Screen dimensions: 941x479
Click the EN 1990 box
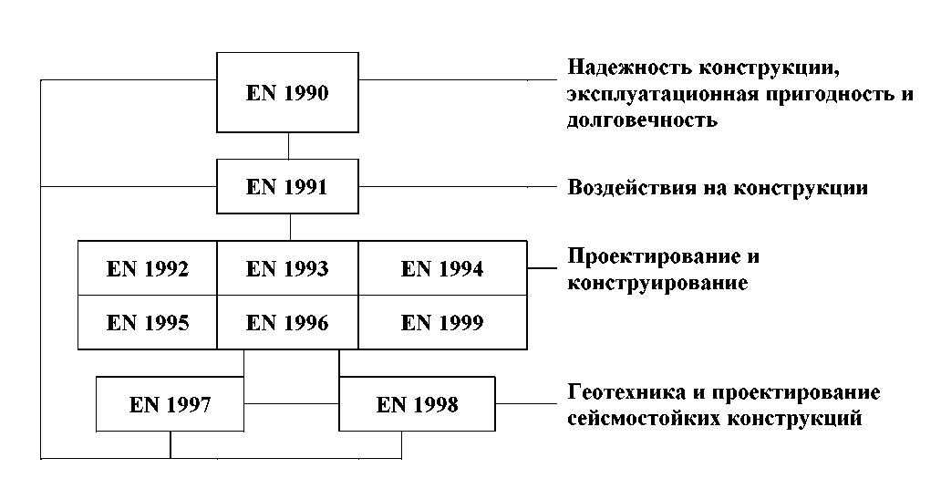click(x=287, y=92)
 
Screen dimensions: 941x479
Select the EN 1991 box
click(x=287, y=186)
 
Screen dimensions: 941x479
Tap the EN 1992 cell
click(x=148, y=268)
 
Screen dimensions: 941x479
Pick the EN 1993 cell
click(x=287, y=268)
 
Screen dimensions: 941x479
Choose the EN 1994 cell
click(x=442, y=268)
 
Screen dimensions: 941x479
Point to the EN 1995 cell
click(x=148, y=322)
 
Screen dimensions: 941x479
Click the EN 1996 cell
click(x=287, y=322)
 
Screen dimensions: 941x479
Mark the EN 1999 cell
click(x=442, y=322)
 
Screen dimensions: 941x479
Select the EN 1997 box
click(x=170, y=404)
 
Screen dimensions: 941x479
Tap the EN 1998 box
click(x=417, y=404)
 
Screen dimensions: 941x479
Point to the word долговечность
click(x=642, y=120)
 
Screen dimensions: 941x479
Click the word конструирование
click(x=657, y=283)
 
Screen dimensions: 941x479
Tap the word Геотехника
click(x=628, y=392)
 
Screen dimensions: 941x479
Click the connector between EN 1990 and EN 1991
click(x=289, y=146)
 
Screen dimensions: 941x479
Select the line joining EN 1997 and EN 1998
click(x=292, y=403)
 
